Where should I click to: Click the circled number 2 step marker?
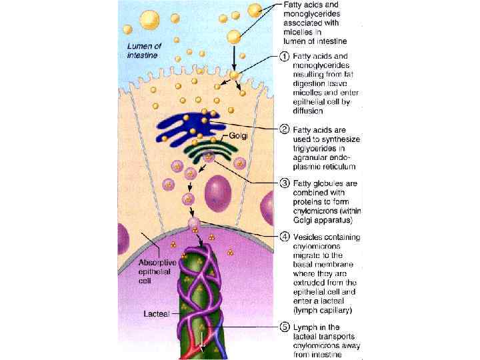click(x=284, y=128)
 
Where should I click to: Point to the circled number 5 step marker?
click(x=284, y=327)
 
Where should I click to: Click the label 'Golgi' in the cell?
click(x=238, y=137)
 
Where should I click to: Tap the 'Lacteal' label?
click(x=158, y=311)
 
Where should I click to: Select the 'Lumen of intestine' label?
click(x=143, y=51)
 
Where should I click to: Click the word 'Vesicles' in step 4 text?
click(x=311, y=237)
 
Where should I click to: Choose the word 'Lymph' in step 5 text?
click(x=308, y=327)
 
